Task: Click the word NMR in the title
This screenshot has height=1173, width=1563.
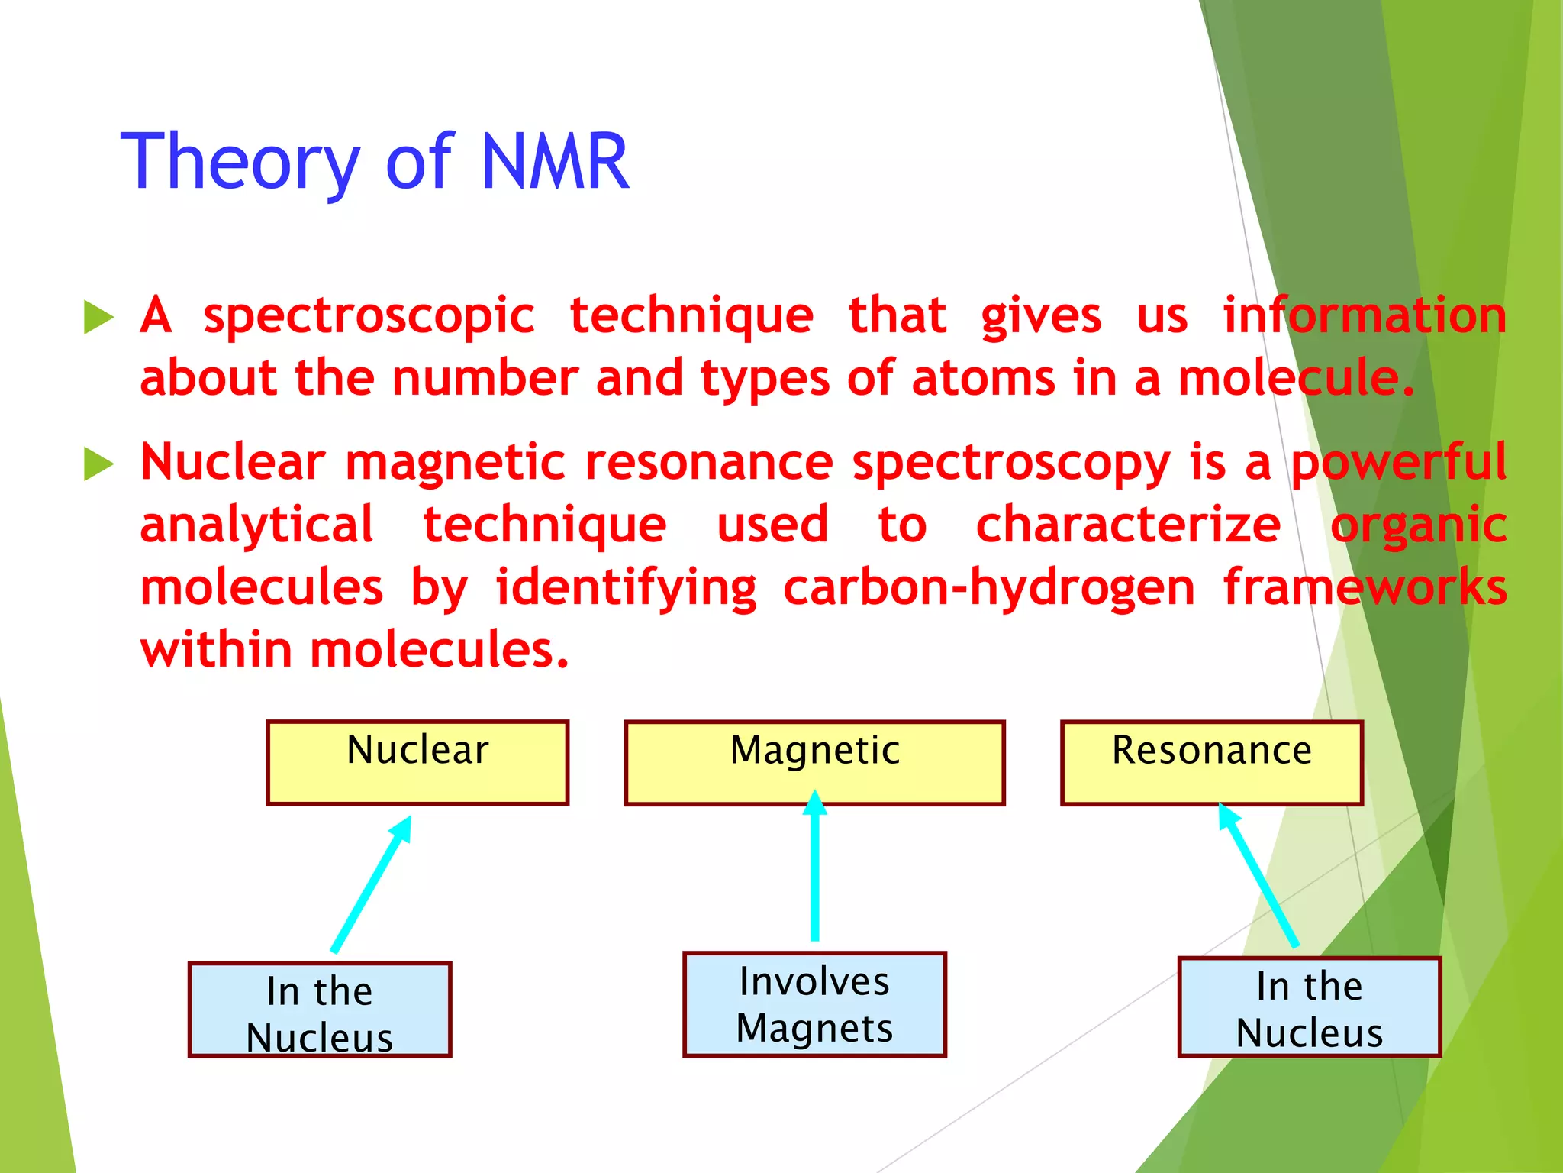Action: [x=556, y=161]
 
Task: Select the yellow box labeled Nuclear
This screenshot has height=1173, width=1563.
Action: [x=417, y=762]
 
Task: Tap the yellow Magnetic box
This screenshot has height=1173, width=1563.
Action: [x=814, y=762]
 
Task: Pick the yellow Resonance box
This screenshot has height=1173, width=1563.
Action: [x=1211, y=762]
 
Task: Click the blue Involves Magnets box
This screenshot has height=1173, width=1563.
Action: [x=814, y=1004]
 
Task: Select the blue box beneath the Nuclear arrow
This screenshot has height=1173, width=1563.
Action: [x=320, y=1010]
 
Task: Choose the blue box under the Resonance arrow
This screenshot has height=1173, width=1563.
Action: [x=1309, y=1007]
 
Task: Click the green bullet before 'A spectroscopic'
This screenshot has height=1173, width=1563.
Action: [x=98, y=317]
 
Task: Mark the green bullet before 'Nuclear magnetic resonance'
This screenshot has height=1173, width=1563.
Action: [x=98, y=464]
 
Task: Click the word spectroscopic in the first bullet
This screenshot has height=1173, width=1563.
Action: [x=369, y=316]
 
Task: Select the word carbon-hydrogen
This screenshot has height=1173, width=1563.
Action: [x=988, y=588]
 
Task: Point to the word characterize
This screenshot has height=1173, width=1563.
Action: [x=1128, y=525]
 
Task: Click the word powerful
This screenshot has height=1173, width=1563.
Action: [x=1398, y=463]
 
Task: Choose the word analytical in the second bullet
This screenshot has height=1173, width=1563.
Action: [x=257, y=525]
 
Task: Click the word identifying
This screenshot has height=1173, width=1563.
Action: [x=626, y=588]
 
